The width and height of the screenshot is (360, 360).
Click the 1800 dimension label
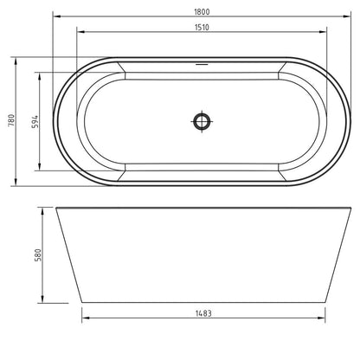click(202, 12)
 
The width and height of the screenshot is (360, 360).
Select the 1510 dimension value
click(202, 28)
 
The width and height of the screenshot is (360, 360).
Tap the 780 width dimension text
click(11, 120)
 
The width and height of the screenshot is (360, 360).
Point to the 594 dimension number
click(35, 122)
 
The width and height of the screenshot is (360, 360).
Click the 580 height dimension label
click(38, 255)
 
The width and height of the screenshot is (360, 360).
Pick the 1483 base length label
click(203, 313)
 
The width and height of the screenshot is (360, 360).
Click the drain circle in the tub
click(202, 121)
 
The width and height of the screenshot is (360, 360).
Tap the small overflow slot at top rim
click(202, 64)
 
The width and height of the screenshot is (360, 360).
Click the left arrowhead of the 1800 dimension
click(57, 16)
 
